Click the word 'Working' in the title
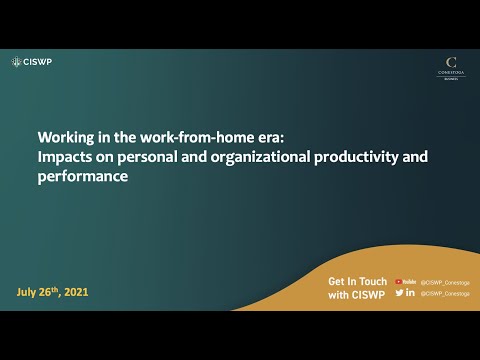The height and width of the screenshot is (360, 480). pyautogui.click(x=67, y=139)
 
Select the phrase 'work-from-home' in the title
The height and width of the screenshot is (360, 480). pyautogui.click(x=169, y=139)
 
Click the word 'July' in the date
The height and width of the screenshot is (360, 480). pyautogui.click(x=29, y=292)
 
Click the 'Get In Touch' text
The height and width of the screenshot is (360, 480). pyautogui.click(x=357, y=282)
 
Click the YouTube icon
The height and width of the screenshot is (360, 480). pyautogui.click(x=405, y=282)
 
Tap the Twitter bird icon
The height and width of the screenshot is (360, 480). pyautogui.click(x=400, y=293)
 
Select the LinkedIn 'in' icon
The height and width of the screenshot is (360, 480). pyautogui.click(x=411, y=293)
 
